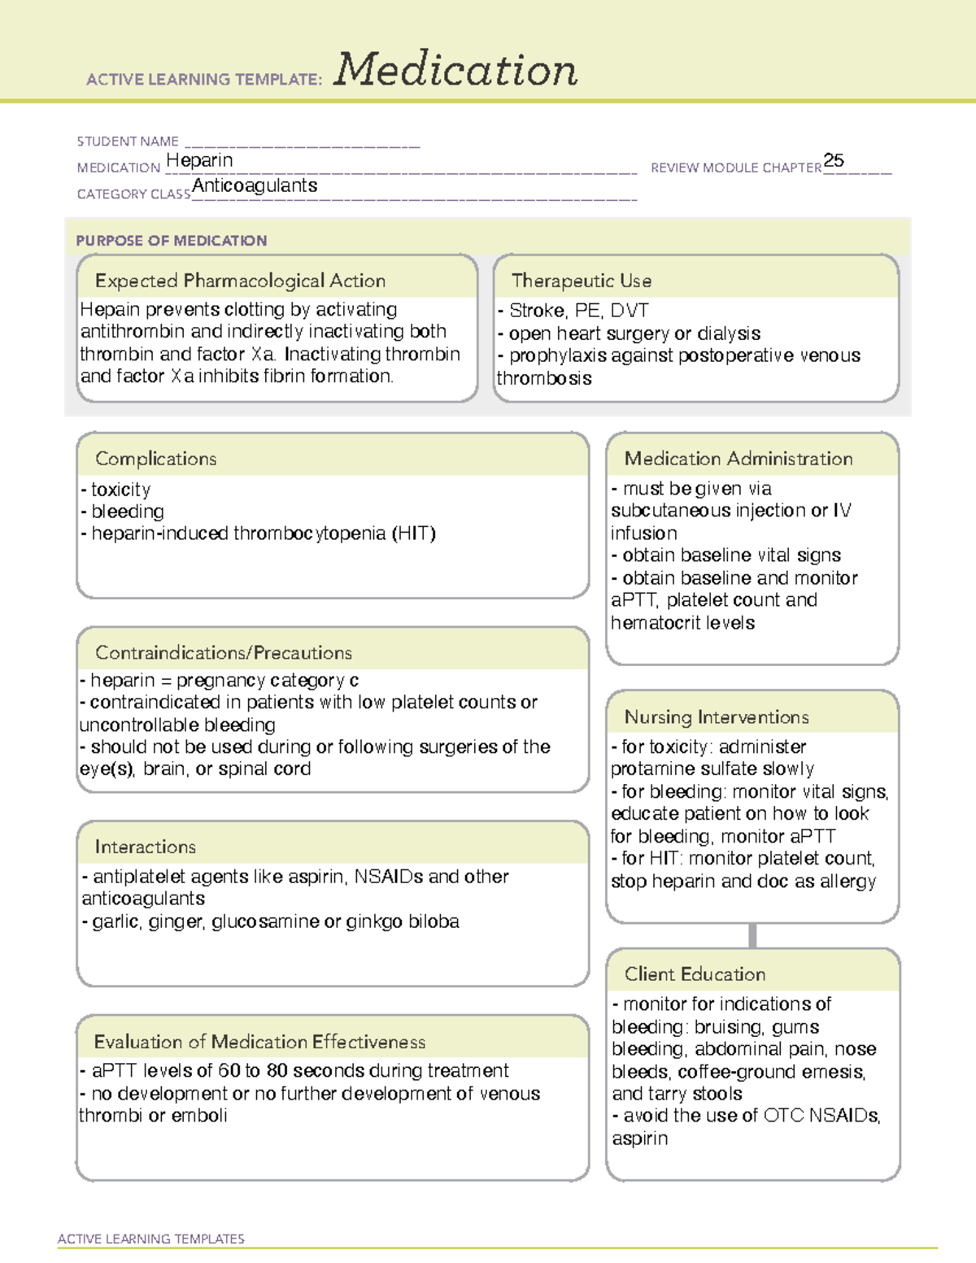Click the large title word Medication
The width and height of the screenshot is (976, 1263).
(455, 70)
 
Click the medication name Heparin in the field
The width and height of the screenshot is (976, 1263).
(199, 160)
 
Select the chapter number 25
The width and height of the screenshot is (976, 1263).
(834, 160)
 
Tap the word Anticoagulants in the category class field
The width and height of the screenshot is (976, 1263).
(255, 185)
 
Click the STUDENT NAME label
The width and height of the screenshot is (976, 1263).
(128, 142)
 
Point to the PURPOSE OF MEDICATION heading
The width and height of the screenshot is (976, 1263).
(172, 241)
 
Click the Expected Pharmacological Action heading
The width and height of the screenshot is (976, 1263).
(240, 281)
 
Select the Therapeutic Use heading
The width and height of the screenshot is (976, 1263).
(582, 281)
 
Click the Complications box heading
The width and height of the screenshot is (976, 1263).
(156, 459)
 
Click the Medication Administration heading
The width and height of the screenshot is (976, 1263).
(739, 459)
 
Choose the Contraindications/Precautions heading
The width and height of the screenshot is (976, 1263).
(224, 653)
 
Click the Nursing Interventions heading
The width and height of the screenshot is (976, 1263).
(717, 717)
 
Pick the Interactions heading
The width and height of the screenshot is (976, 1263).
(146, 847)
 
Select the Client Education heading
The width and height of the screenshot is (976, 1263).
(695, 974)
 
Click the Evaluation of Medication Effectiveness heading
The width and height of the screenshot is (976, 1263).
(259, 1042)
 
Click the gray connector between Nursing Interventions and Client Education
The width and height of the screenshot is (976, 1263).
(752, 935)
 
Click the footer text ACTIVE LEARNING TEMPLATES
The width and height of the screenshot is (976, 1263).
(151, 1239)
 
